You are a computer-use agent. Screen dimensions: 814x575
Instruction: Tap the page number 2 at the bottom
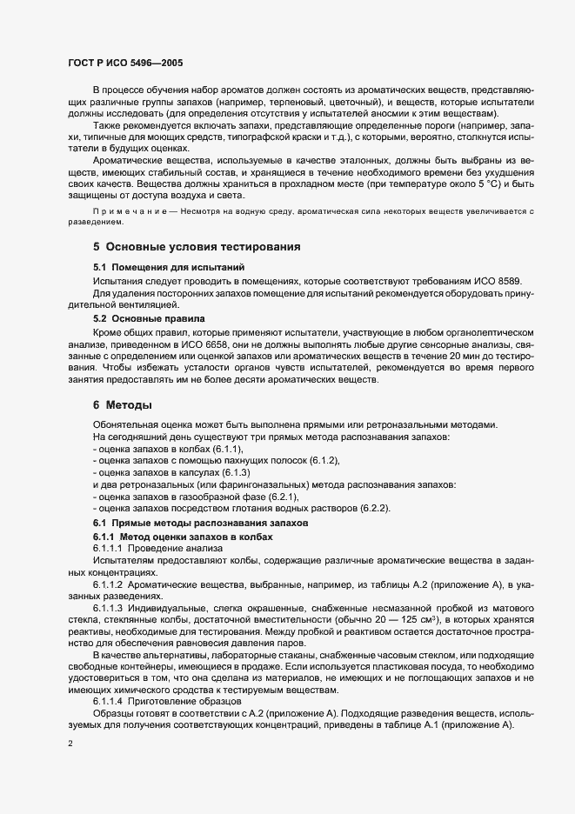pyautogui.click(x=70, y=744)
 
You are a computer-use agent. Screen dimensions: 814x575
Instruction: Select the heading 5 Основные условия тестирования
pyautogui.click(x=197, y=247)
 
